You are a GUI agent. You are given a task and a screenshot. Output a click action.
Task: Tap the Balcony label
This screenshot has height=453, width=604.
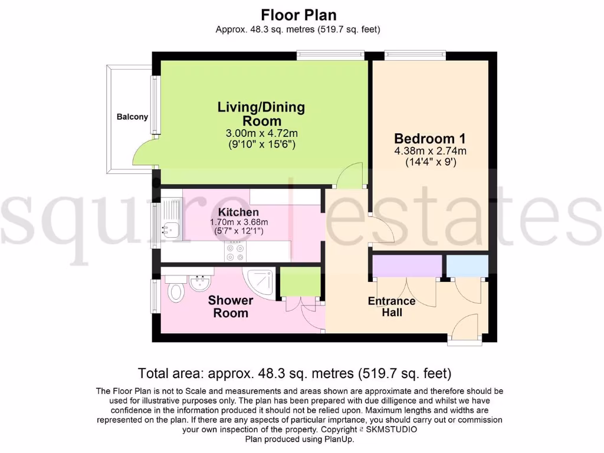(132, 117)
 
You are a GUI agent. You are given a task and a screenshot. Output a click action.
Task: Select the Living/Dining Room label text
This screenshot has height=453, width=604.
(261, 113)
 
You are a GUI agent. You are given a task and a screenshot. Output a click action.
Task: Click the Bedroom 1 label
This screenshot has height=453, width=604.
(429, 139)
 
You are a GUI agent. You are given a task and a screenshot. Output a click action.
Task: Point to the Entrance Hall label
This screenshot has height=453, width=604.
(392, 307)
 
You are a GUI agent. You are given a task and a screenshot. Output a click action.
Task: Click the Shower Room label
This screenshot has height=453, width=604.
(231, 307)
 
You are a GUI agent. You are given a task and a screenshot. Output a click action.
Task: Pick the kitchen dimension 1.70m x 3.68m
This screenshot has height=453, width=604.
(239, 222)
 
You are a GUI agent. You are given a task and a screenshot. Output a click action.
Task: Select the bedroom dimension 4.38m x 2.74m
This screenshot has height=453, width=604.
(429, 151)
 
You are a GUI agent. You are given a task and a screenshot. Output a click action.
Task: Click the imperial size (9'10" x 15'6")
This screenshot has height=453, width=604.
(261, 144)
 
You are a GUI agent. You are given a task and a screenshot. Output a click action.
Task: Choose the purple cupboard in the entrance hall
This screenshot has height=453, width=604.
(407, 265)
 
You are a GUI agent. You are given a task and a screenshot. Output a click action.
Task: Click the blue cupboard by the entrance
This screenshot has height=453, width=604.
(467, 265)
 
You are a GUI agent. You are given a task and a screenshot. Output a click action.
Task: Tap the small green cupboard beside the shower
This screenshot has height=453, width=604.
(300, 281)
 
